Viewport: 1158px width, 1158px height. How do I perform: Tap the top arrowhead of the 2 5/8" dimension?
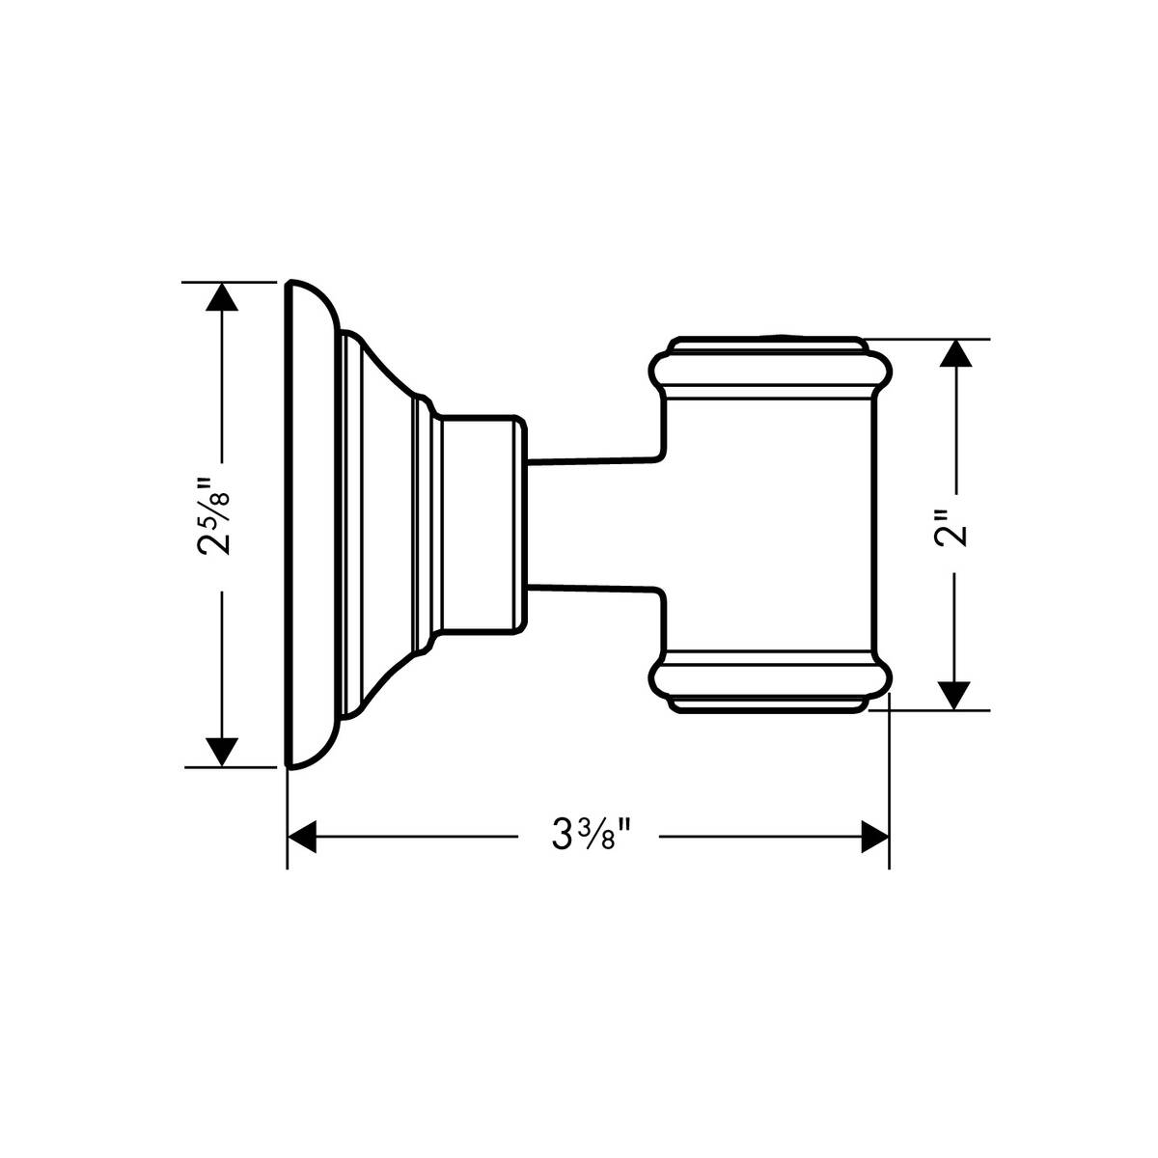[223, 295]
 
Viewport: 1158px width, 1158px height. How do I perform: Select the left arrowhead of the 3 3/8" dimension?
[303, 837]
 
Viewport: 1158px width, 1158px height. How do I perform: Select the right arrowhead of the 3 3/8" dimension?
[874, 837]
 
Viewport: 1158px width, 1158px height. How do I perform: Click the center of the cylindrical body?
[769, 525]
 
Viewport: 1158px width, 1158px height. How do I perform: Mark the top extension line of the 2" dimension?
[926, 339]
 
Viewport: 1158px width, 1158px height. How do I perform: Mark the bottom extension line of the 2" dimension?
[926, 710]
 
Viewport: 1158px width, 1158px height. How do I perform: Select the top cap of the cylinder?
[769, 345]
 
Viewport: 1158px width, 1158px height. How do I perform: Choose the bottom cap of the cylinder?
[769, 703]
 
